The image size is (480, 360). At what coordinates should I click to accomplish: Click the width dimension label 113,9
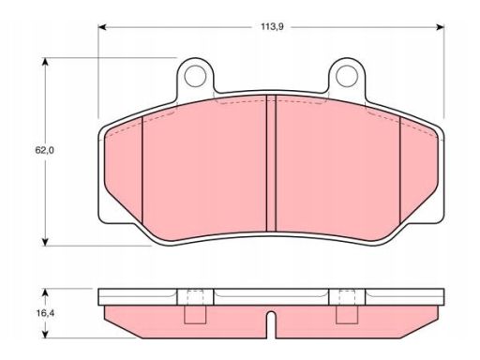pos(272,27)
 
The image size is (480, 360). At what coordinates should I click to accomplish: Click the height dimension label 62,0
pos(44,150)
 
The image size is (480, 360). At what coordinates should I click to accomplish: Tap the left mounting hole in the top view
pos(195,76)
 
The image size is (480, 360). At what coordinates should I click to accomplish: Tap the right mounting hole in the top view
pos(347,76)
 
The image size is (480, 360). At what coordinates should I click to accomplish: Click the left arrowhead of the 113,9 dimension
pos(103,27)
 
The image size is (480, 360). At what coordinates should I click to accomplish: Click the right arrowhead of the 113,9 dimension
pos(440,27)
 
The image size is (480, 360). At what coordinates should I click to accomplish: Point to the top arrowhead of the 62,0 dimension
pos(46,62)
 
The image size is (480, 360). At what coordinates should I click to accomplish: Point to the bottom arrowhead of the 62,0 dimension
pos(46,242)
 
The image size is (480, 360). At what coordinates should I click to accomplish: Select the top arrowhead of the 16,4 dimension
pos(46,292)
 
